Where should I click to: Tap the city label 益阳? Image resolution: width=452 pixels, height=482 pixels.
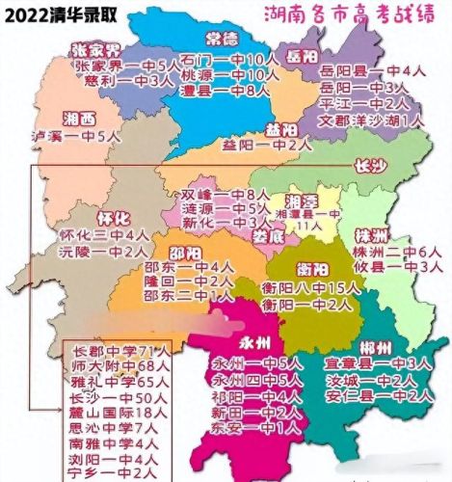coord(280,130)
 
